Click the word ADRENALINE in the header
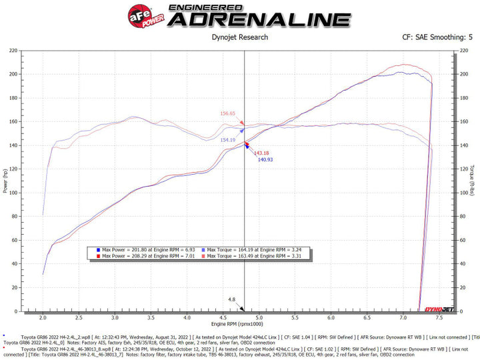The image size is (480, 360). pos(259,19)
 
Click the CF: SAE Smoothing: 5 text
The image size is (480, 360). pos(433,38)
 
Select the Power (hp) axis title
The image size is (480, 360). pos(5,181)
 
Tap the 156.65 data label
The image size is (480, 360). pos(228,113)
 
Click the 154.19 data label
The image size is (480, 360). pos(228,140)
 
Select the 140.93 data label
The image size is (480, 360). pos(265,160)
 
